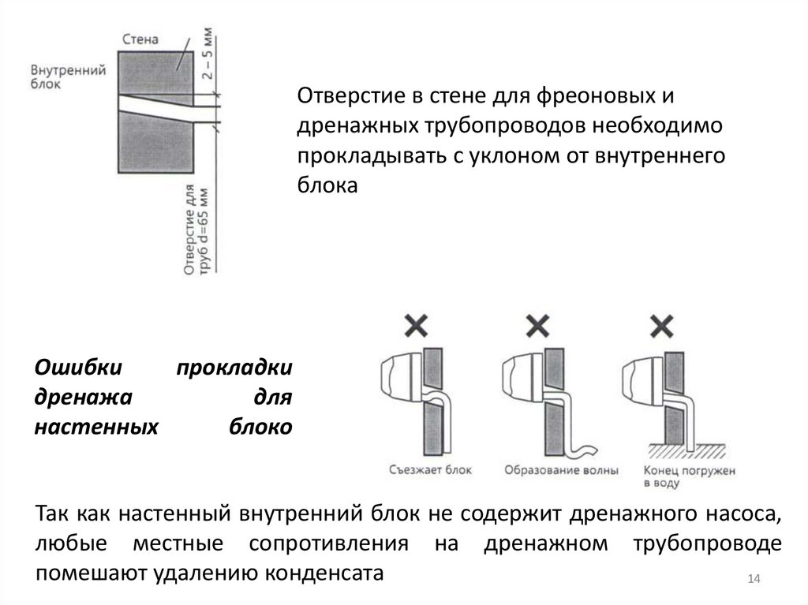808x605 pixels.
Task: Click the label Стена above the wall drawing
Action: [x=142, y=39]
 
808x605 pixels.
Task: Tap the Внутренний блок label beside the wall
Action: [x=69, y=76]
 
